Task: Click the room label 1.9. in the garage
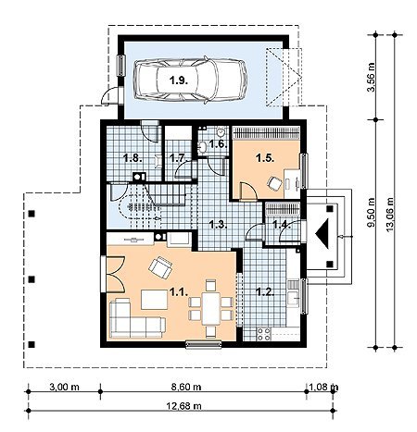click(x=179, y=80)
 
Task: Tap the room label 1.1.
click(x=179, y=291)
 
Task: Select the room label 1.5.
click(x=265, y=158)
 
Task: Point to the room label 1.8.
click(x=133, y=158)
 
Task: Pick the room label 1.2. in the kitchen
click(x=266, y=291)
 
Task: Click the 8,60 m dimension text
click(x=186, y=387)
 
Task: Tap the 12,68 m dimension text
click(x=184, y=406)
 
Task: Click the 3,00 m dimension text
click(x=64, y=387)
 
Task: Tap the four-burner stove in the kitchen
click(x=264, y=334)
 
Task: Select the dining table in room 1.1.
click(x=211, y=308)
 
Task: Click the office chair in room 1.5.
click(x=274, y=183)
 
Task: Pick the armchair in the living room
click(x=160, y=267)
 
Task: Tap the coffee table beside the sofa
click(x=155, y=300)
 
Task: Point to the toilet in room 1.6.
click(x=221, y=132)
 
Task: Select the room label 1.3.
click(x=219, y=225)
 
